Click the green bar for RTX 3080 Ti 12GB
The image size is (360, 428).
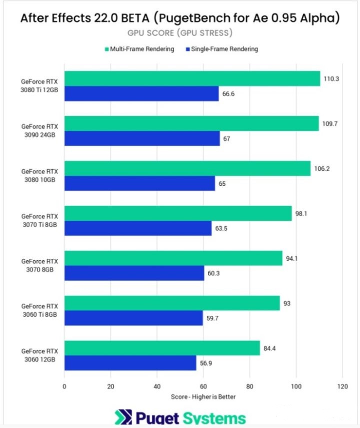(192, 79)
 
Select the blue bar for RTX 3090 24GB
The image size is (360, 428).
(142, 139)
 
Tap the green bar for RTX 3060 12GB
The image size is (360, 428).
(162, 348)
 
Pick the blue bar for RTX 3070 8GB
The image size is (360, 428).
(134, 273)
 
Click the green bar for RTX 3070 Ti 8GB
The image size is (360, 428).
(177, 213)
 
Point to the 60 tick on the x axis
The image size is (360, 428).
(203, 386)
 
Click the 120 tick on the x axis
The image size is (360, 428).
(342, 386)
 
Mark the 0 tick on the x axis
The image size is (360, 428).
(64, 386)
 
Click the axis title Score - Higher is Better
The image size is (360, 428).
(203, 397)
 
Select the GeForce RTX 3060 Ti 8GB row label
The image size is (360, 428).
(39, 310)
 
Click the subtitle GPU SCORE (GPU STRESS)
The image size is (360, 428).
(180, 33)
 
